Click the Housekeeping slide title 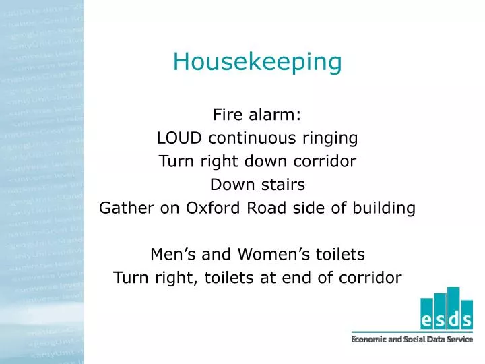257,62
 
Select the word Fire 227,115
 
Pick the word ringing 333,139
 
